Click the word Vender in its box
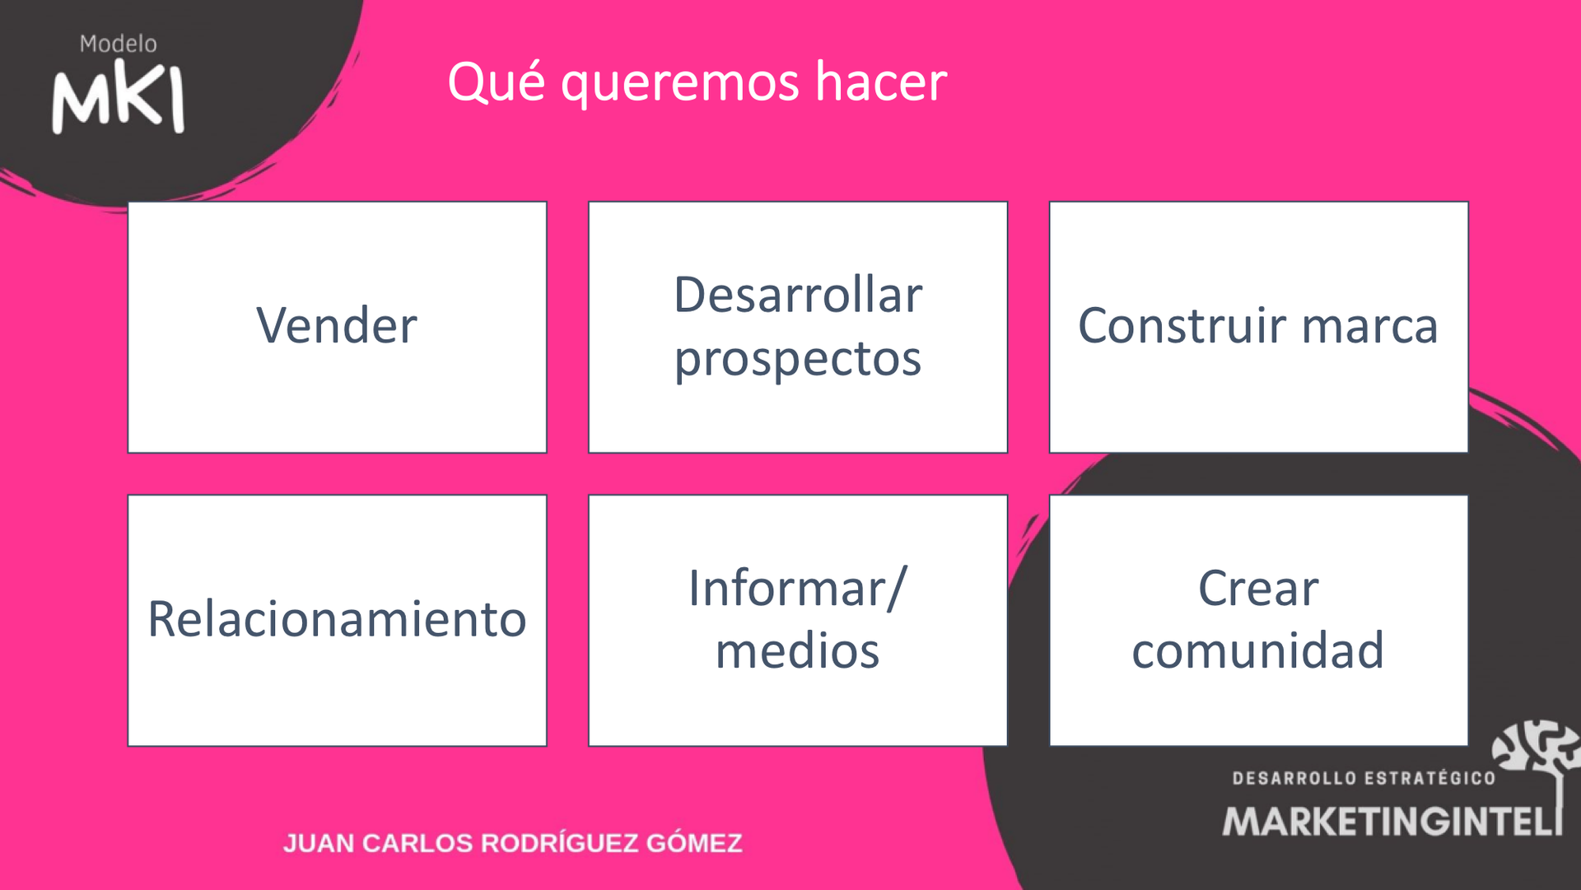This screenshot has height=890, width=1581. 337,326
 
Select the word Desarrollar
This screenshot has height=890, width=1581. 797,296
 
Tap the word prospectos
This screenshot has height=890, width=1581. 797,360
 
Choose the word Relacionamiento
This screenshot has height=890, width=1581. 337,619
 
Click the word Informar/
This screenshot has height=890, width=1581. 797,589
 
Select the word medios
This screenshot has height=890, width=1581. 797,651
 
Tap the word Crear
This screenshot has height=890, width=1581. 1257,589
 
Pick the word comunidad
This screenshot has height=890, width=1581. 1257,651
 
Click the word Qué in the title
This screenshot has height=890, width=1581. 496,82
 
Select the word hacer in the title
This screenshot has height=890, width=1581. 880,82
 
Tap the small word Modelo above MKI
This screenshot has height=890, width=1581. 118,44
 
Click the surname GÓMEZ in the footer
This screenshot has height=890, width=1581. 694,843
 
